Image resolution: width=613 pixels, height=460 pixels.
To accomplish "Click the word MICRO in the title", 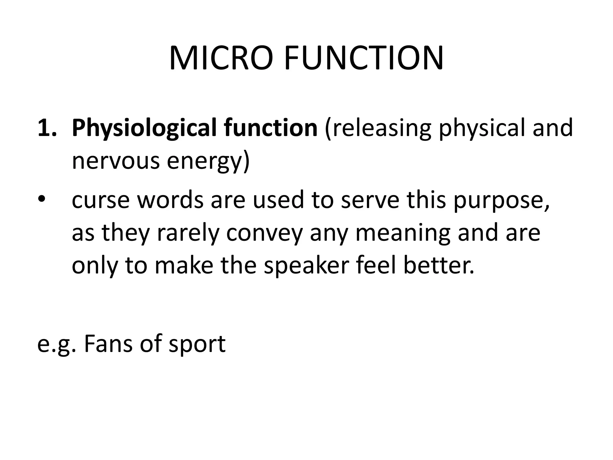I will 221,58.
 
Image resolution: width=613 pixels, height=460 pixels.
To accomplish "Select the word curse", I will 101,200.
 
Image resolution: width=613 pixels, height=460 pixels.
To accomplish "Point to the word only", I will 95,266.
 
